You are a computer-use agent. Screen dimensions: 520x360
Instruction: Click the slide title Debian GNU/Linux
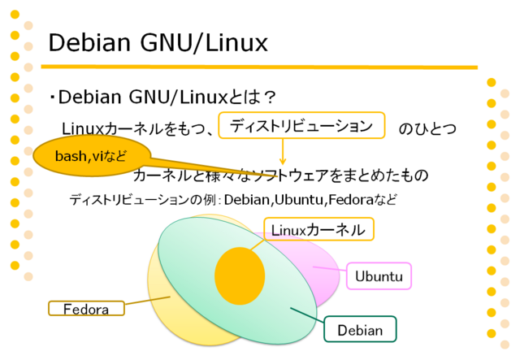click(x=158, y=43)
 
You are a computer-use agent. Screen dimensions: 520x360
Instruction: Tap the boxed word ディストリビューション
click(x=301, y=125)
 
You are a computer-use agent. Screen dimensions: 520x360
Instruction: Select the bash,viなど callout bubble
click(x=92, y=155)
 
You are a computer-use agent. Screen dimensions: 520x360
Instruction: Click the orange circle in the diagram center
click(x=240, y=275)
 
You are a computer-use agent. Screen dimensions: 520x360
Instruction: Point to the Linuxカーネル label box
click(x=318, y=229)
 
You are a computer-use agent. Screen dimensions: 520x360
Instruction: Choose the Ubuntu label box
click(x=379, y=276)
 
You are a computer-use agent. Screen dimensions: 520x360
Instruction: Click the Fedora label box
click(x=86, y=309)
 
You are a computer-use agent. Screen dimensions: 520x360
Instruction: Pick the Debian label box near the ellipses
click(x=360, y=329)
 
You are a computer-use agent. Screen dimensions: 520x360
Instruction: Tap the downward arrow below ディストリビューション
click(x=283, y=152)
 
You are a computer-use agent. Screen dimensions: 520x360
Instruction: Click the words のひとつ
click(x=427, y=128)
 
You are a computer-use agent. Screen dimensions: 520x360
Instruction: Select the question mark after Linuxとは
click(x=271, y=98)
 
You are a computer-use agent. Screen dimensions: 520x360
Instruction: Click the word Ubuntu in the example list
click(x=299, y=200)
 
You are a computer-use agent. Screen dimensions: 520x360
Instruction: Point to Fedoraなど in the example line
click(x=362, y=200)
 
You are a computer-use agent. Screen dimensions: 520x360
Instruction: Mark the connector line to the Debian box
click(x=307, y=315)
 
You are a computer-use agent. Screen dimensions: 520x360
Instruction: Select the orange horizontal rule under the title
click(x=259, y=67)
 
